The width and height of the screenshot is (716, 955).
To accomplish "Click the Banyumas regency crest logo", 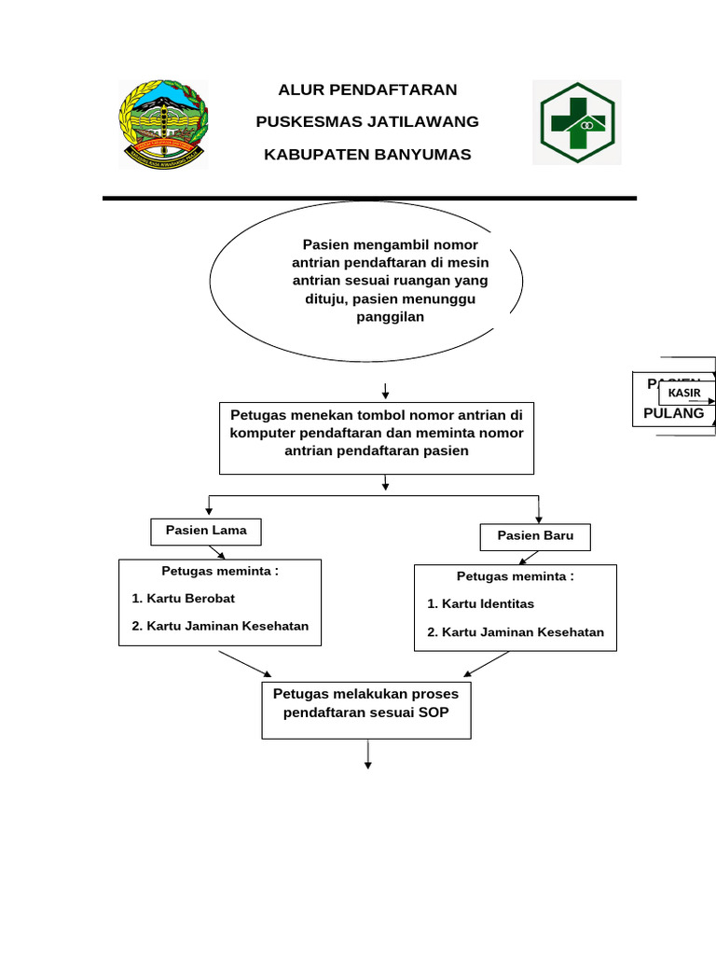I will point(163,124).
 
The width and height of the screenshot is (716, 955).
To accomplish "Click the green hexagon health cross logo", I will point(576,122).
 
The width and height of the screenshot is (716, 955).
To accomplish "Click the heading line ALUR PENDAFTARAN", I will point(367,90).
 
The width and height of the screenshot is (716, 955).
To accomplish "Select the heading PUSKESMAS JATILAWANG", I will point(367,122).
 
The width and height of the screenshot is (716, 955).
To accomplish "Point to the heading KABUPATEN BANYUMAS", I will point(367,154).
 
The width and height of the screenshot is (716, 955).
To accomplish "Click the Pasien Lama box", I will point(206,531).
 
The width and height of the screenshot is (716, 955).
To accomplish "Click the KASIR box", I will point(684,393).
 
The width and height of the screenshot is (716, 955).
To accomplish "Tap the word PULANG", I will point(673,413).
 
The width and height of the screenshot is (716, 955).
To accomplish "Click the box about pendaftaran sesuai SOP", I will point(366,711).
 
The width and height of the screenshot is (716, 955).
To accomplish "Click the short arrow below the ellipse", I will point(385,389).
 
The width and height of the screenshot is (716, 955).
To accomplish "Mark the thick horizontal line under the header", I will point(369,199).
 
